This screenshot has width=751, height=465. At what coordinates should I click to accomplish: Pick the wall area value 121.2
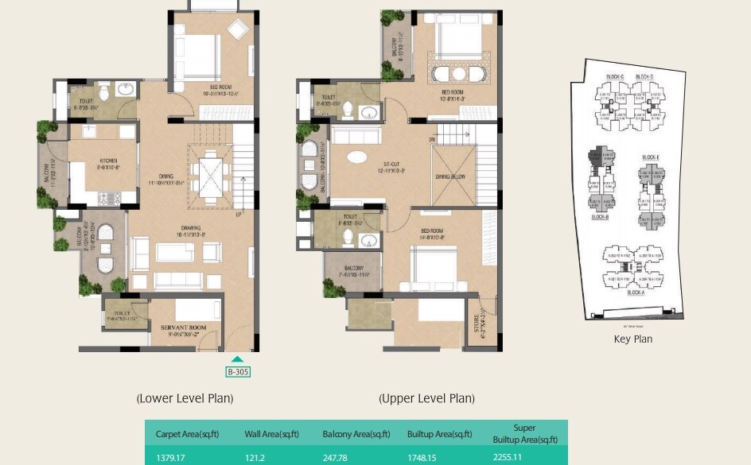tap(255, 456)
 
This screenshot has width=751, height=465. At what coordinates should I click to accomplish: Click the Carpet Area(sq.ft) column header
tap(187, 434)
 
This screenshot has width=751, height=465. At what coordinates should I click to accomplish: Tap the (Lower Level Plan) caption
tap(185, 398)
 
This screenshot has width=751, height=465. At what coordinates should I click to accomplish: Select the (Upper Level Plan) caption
tap(426, 398)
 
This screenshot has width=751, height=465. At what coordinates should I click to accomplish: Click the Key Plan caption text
tap(633, 339)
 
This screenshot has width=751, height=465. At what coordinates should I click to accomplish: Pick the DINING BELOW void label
tap(451, 177)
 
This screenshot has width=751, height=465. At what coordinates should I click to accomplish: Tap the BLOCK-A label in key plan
tap(636, 293)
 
